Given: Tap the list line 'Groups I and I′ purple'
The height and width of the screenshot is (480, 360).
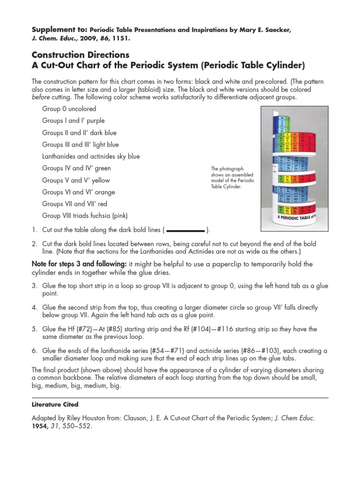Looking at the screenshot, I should click(73, 121).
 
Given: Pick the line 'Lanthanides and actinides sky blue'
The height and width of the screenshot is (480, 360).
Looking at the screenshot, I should click(90, 157).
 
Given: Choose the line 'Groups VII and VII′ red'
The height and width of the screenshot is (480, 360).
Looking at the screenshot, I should click(75, 204).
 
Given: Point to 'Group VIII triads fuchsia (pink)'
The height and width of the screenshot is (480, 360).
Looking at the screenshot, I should click(84, 216).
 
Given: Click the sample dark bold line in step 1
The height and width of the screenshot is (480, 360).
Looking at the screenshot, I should click(186, 231).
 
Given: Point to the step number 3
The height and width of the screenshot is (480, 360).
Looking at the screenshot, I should click(34, 286).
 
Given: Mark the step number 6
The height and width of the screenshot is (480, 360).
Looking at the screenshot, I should click(34, 351).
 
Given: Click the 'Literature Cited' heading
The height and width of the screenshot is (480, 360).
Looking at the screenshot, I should click(52, 404).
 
